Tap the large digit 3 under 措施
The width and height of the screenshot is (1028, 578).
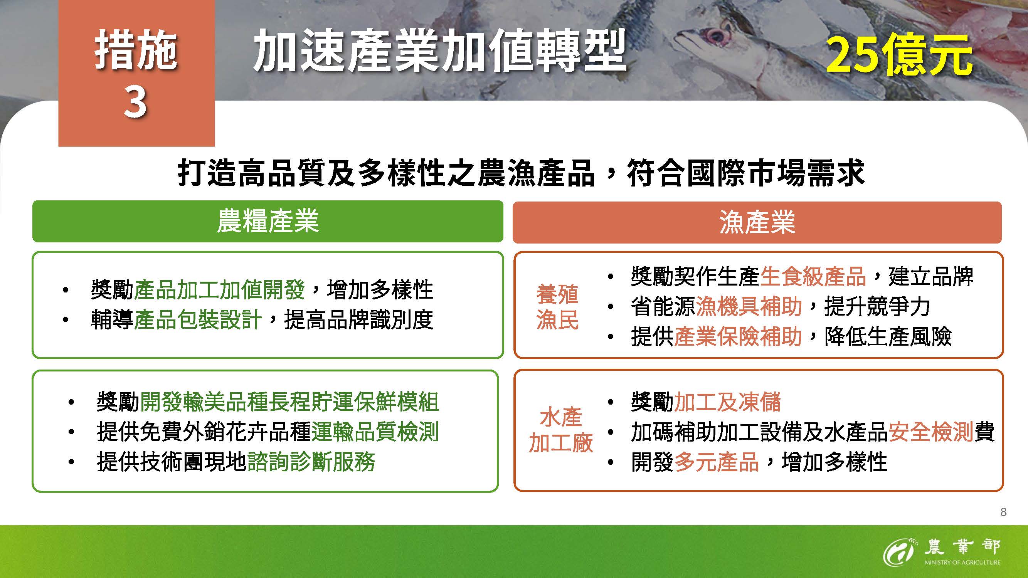pos(135,102)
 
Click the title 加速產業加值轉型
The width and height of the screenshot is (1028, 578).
pos(439,50)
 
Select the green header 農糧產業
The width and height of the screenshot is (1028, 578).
pos(268,222)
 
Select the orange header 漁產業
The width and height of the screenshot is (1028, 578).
pos(757,222)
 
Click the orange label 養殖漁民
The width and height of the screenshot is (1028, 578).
pos(557,307)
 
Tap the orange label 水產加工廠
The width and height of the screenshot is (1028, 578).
pos(560,430)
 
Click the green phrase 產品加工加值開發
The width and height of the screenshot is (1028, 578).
pos(219,290)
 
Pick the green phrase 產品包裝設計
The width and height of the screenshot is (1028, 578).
pos(198,319)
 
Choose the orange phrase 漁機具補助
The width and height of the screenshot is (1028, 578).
pos(749,306)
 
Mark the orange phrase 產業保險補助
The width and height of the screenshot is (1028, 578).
pos(738,336)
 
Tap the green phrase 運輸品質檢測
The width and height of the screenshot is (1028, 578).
pos(375,432)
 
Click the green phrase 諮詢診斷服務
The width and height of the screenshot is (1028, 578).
pos(311,462)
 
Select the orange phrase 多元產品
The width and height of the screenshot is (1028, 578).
pos(717,462)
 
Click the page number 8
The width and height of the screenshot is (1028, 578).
pos(1003,512)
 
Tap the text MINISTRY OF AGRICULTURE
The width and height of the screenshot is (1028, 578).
pos(962,563)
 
